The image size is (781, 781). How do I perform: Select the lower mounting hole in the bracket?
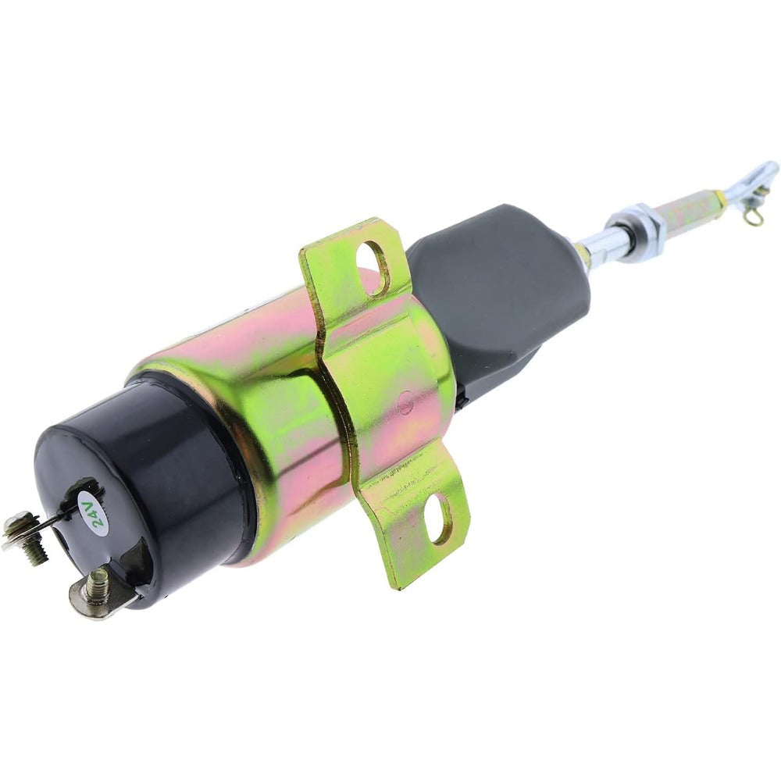point(441,518)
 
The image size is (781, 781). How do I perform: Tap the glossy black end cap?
point(141,484)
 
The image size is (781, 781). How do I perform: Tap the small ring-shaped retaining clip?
point(753,216)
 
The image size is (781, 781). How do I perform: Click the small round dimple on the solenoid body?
point(405,405)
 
